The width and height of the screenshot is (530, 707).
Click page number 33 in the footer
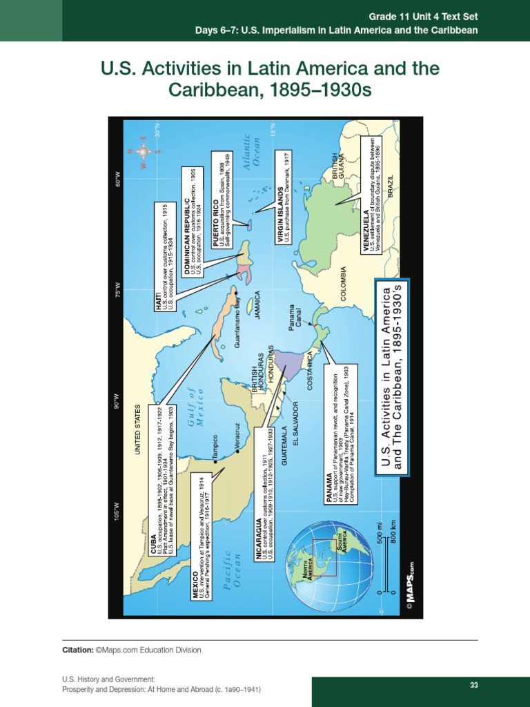pyautogui.click(x=474, y=685)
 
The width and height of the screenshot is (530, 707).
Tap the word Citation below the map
pyautogui.click(x=77, y=650)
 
